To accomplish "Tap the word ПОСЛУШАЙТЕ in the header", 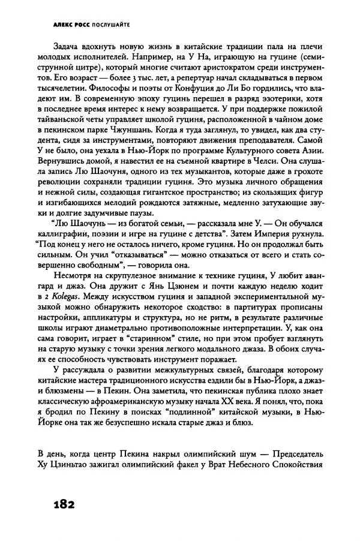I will tap(110, 25).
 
